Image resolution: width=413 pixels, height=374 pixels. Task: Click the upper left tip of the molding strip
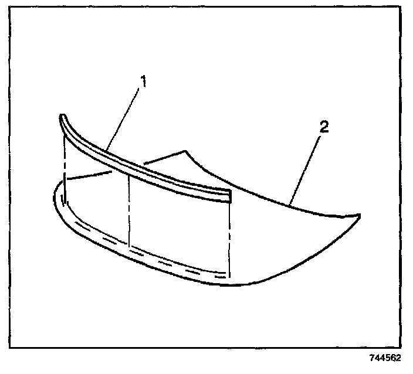pos(62,116)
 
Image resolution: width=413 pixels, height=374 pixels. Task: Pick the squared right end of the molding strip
pos(230,196)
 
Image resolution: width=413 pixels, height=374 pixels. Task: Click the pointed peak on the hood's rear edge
pos(185,151)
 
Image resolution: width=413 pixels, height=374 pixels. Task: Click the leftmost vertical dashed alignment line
pos(65,170)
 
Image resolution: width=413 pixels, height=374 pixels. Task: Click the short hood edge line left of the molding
pos(88,175)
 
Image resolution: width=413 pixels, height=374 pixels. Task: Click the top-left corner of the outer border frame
pos(11,10)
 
